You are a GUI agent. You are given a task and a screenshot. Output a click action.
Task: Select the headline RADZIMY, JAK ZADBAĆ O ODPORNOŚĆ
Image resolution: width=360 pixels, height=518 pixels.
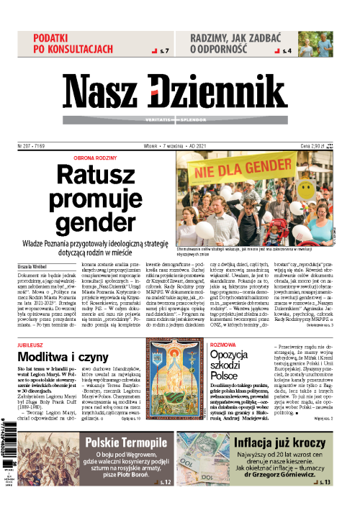coord(238,42)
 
